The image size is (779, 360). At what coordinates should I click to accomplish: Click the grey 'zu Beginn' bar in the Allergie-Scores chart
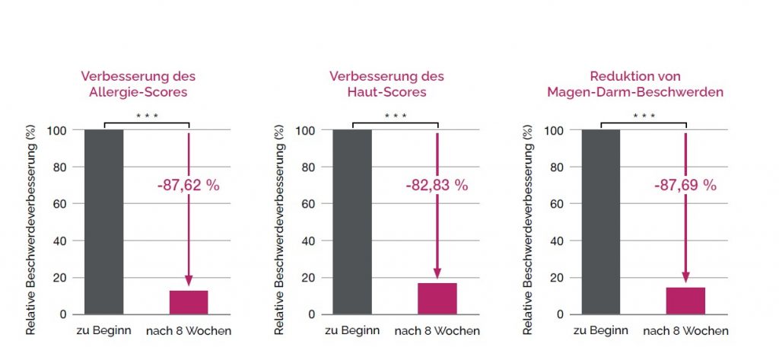(x=103, y=221)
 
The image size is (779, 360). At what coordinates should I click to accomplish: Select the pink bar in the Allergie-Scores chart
(x=189, y=302)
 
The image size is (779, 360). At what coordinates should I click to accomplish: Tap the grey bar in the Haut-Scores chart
(x=352, y=221)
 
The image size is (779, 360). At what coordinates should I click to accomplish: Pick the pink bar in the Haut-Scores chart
(x=437, y=298)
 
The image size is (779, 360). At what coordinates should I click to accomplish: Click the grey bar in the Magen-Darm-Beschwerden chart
(x=601, y=221)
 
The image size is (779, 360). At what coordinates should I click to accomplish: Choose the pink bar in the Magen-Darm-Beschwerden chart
(x=685, y=301)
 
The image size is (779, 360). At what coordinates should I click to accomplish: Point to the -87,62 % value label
(x=186, y=185)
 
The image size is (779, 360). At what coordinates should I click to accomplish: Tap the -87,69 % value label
(x=684, y=185)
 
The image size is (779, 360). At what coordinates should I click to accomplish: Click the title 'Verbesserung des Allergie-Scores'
(x=138, y=84)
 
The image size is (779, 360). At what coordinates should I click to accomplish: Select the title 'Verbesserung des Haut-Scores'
(x=386, y=84)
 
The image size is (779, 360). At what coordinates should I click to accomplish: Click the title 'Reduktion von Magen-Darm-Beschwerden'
(x=635, y=84)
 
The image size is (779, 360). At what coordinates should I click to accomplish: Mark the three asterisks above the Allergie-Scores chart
(x=146, y=116)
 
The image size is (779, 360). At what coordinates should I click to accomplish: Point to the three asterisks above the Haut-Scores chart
(x=395, y=116)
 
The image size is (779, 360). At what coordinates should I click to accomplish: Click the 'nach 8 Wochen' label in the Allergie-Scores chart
(x=189, y=331)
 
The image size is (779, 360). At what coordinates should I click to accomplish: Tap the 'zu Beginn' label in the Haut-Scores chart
(x=352, y=331)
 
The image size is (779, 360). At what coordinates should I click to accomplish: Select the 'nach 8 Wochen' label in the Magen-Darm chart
(x=685, y=331)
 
